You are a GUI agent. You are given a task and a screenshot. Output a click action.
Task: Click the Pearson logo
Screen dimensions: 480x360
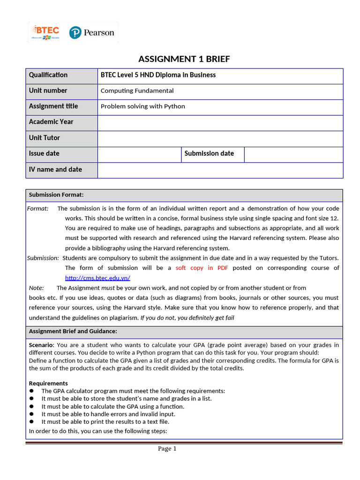tap(92, 32)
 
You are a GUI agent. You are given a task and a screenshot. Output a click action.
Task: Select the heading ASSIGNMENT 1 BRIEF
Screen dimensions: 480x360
tap(184, 59)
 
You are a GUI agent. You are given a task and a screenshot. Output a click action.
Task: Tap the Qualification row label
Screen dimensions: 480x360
tap(48, 75)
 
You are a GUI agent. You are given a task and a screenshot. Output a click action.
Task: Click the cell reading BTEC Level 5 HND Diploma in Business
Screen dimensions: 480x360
tap(158, 75)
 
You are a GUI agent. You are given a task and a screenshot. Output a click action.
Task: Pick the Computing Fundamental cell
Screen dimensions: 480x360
tap(137, 90)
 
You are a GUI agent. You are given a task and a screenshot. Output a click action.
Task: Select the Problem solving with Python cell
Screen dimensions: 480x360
tap(142, 106)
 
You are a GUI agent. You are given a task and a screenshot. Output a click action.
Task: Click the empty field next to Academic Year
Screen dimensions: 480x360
tap(220, 122)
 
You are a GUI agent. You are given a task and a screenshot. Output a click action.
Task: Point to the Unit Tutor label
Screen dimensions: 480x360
tap(45, 138)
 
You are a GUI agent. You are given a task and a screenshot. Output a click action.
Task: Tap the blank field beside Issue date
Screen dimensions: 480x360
tap(139, 154)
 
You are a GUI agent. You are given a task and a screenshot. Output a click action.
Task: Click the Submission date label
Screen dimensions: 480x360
tap(209, 153)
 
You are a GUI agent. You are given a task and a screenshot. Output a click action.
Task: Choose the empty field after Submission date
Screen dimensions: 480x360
tap(293, 154)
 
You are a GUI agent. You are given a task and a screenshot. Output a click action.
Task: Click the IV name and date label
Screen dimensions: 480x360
tap(55, 169)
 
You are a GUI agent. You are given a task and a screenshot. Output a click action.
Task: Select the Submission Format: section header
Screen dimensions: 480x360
tap(56, 195)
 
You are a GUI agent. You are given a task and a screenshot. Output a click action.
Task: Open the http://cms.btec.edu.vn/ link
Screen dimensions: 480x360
tap(97, 278)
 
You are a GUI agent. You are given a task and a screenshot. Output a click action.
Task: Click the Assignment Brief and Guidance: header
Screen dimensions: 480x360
tap(73, 331)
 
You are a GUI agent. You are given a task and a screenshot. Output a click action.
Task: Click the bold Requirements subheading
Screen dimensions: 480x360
tap(48, 383)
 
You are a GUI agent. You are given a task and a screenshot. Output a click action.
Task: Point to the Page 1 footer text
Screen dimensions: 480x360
tap(167, 449)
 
